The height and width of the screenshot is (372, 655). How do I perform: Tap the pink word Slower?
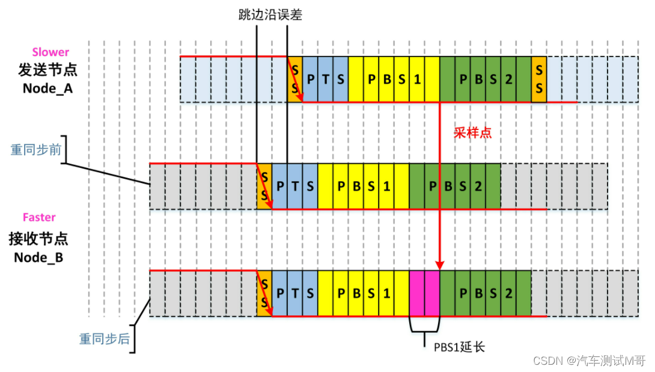(x=50, y=52)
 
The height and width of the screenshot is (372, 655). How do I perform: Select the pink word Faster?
(x=39, y=217)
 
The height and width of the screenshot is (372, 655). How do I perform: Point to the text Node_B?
(x=39, y=257)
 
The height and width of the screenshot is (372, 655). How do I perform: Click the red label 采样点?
(x=473, y=133)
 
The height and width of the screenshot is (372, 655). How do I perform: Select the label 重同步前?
(x=35, y=150)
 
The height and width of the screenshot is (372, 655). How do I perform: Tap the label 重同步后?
(x=105, y=338)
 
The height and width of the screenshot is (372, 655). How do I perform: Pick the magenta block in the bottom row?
(x=424, y=293)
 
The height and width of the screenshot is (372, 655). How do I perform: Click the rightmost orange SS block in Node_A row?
(x=539, y=79)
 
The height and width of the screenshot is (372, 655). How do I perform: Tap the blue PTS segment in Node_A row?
(x=325, y=79)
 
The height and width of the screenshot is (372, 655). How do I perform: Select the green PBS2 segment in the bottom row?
(x=486, y=293)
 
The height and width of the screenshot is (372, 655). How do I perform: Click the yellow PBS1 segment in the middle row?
(x=363, y=186)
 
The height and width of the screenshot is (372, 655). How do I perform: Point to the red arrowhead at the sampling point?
(x=440, y=265)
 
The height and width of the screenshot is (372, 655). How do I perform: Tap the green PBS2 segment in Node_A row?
(x=486, y=79)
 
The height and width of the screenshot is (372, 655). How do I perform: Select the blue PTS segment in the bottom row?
(x=294, y=293)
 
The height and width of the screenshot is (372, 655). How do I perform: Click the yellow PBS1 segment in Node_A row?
(x=394, y=79)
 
